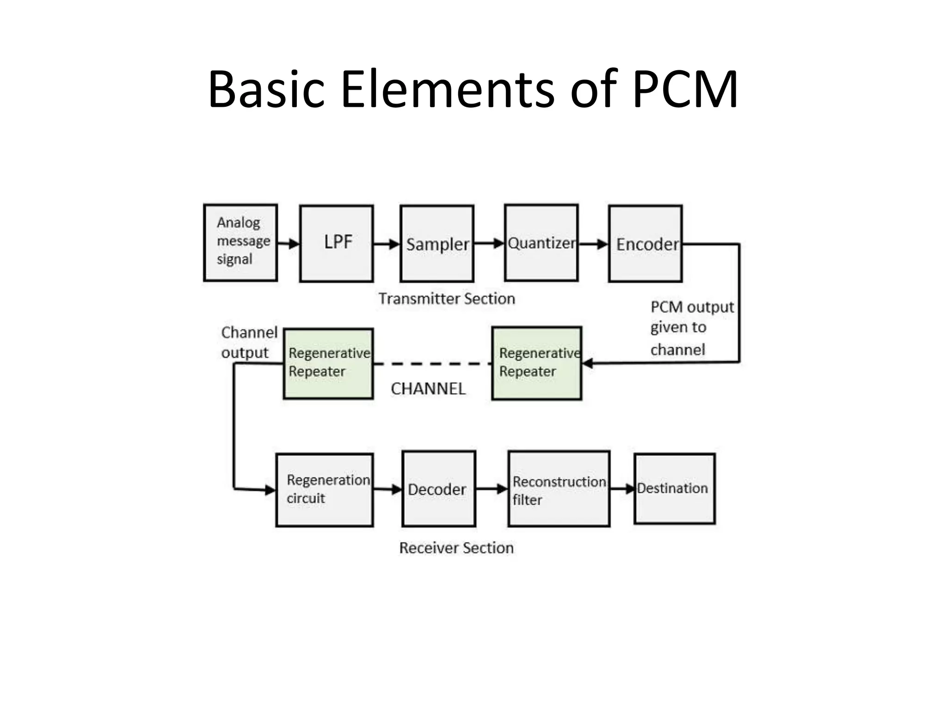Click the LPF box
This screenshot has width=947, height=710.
click(x=336, y=244)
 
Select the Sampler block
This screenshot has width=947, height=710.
click(x=437, y=244)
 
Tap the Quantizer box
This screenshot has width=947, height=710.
click(x=541, y=243)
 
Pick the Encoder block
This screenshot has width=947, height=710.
click(x=646, y=244)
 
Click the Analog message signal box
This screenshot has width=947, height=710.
click(x=240, y=243)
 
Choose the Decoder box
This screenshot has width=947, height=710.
click(x=439, y=490)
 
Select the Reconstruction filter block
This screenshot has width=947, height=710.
click(x=559, y=490)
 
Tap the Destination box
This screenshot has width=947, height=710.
click(x=675, y=489)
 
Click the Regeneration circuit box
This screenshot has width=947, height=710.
click(x=325, y=490)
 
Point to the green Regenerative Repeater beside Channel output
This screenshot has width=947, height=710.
click(x=328, y=363)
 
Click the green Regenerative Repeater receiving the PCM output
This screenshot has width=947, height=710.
click(x=536, y=363)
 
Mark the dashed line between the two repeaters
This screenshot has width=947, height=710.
click(x=432, y=364)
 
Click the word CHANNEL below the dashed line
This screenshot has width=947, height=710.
click(x=428, y=389)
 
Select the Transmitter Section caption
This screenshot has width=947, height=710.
click(x=447, y=299)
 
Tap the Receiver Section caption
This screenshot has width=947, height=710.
click(x=456, y=548)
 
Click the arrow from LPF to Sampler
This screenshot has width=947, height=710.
click(x=387, y=244)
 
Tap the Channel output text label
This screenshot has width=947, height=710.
click(x=249, y=342)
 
